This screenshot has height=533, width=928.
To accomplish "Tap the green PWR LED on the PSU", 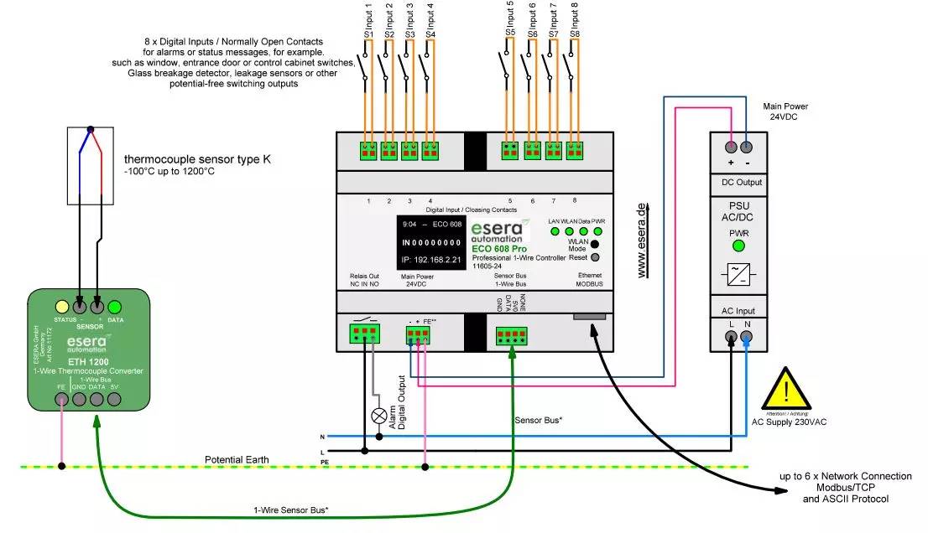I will [739, 246].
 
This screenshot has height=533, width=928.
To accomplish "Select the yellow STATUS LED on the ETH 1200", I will [61, 307].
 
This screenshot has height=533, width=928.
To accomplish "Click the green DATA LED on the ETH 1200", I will [115, 307].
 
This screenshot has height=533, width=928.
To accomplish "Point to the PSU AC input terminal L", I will [731, 338].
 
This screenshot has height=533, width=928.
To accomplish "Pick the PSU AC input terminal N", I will [747, 338].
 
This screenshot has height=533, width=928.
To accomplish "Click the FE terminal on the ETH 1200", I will [61, 401].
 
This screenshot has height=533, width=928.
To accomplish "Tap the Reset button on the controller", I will [596, 258].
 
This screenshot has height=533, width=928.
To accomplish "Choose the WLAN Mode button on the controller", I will [596, 243].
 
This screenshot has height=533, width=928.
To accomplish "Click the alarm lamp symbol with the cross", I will [378, 415].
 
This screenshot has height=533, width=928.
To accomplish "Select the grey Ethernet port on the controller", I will [591, 316].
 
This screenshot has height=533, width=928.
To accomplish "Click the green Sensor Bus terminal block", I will [511, 335].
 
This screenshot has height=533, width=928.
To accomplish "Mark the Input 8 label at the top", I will [575, 16].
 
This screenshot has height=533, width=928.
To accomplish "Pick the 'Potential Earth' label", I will [239, 460].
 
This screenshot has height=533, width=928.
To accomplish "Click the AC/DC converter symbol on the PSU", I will [739, 275].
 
